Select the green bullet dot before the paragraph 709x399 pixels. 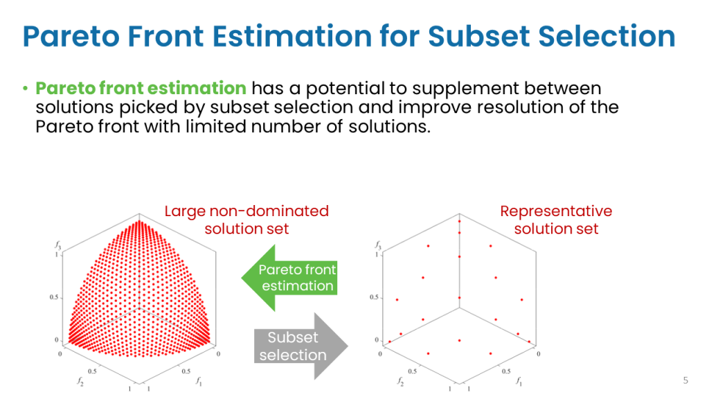click(26, 88)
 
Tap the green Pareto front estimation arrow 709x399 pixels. click(289, 278)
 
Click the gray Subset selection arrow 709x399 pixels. click(301, 346)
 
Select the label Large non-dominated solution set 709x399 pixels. click(246, 220)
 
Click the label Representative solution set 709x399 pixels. click(556, 220)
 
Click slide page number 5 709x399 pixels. click(685, 380)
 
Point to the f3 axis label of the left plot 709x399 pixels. click(58, 245)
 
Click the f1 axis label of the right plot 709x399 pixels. click(519, 382)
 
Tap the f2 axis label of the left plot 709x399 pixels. click(80, 382)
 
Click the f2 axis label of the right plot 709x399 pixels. click(400, 382)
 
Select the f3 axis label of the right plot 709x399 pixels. click(378, 245)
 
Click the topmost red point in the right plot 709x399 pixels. click(460, 221)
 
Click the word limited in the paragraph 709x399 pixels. click(216, 127)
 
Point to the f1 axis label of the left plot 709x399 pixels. click(199, 382)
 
